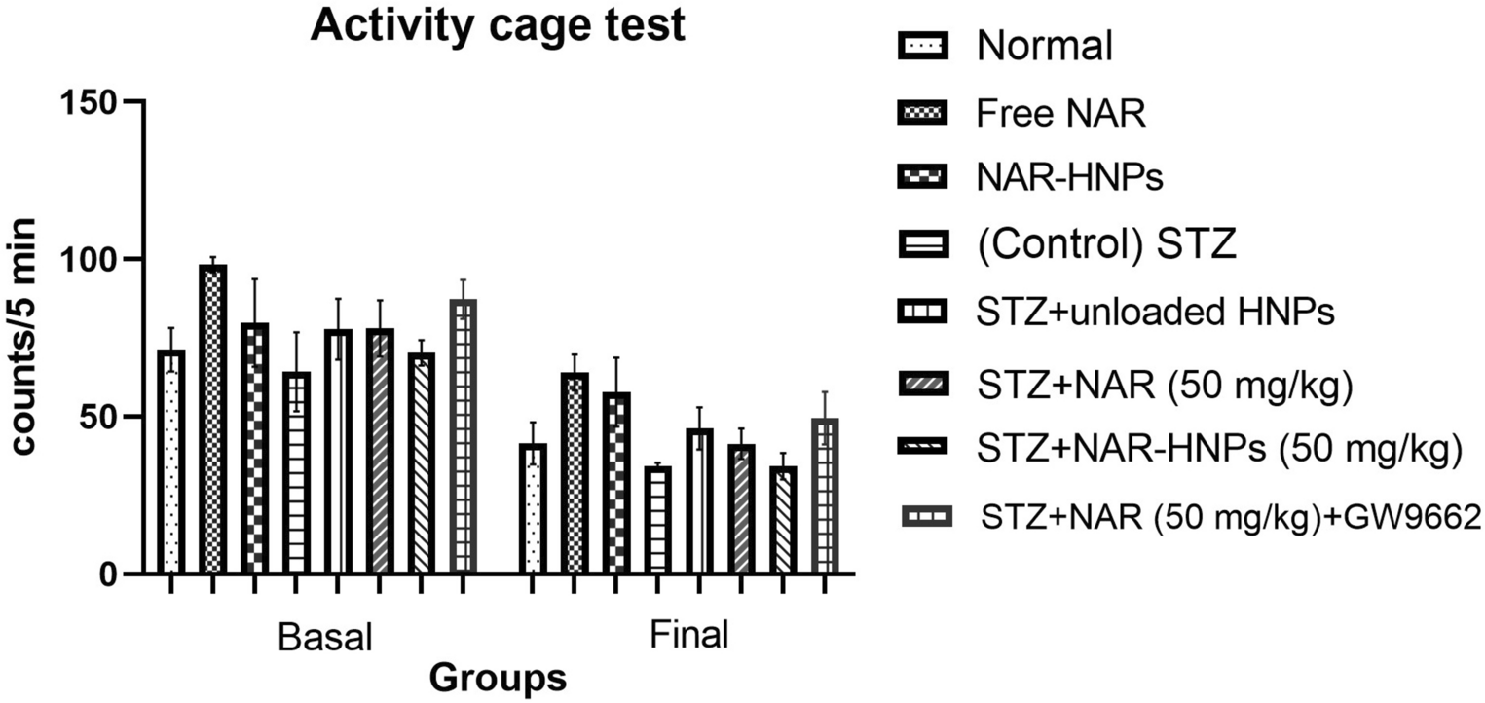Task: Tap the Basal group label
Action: click(325, 637)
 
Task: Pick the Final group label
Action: click(688, 636)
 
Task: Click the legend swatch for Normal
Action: click(920, 45)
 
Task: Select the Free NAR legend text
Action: click(1061, 114)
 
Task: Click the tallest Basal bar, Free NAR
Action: click(212, 419)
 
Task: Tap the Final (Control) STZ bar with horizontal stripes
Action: click(658, 520)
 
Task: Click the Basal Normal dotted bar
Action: click(171, 462)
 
